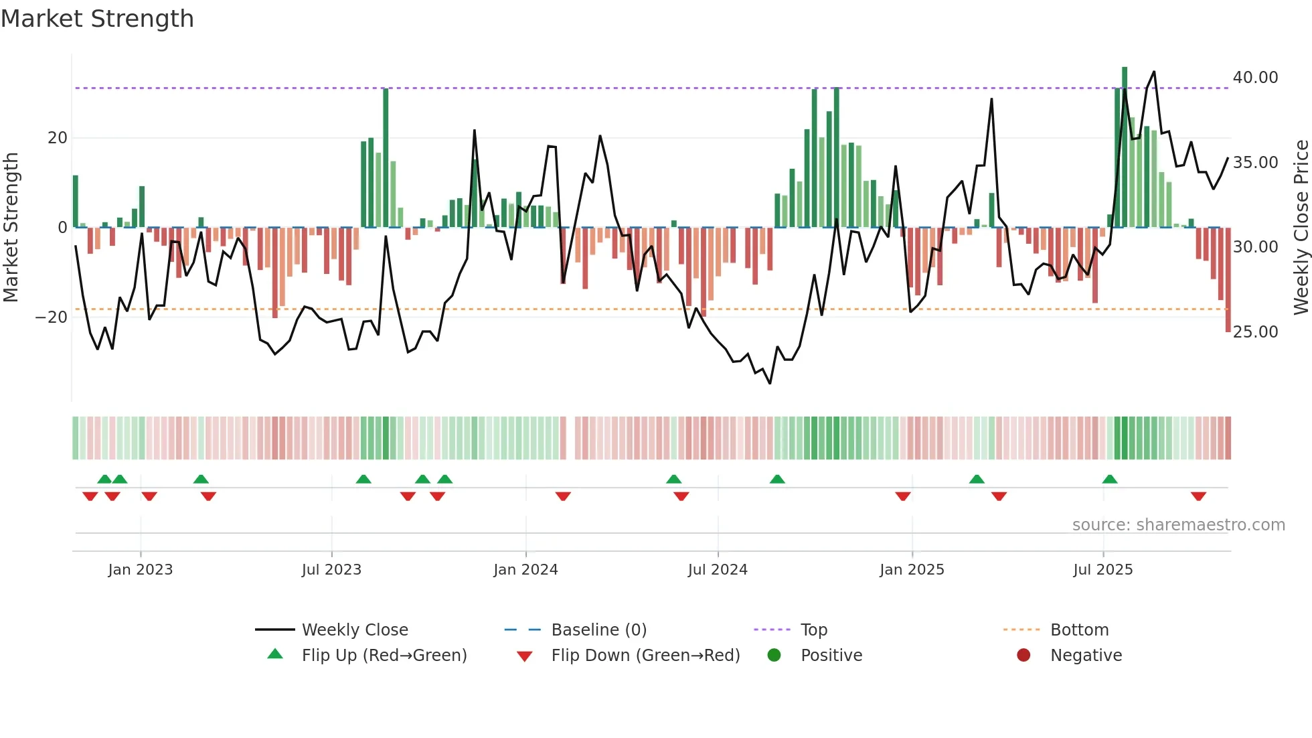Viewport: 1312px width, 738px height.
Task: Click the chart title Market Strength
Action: tap(97, 19)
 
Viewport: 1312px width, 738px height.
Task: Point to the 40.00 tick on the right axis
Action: tap(1255, 78)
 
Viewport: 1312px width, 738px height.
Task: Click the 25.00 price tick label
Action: tap(1255, 332)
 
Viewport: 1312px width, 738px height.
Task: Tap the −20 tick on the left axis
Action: tap(52, 317)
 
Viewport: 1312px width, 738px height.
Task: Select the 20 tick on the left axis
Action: tap(58, 138)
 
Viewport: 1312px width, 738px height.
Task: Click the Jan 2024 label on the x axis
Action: tap(525, 570)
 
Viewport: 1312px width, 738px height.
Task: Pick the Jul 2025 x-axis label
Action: tap(1102, 570)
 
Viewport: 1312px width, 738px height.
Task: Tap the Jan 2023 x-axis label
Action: tap(140, 570)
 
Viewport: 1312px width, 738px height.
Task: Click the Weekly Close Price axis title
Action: tap(1301, 228)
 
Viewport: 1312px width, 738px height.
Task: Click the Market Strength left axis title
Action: tap(11, 228)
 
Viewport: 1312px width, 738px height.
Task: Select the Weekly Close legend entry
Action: tap(354, 630)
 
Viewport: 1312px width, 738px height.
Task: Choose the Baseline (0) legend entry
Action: tap(598, 630)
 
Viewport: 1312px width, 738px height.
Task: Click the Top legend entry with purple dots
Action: tap(813, 630)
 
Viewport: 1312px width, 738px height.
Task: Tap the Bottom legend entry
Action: tap(1079, 630)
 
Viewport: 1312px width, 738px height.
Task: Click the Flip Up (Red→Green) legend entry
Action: tap(384, 656)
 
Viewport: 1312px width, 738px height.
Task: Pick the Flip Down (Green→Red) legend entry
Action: tap(645, 656)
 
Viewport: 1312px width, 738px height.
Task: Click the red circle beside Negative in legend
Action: tap(1023, 656)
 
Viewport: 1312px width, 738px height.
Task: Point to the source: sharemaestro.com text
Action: tap(1178, 525)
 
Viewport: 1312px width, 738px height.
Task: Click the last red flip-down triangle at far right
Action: tap(1198, 496)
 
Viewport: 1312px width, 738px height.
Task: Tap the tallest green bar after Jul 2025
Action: tap(1125, 147)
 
